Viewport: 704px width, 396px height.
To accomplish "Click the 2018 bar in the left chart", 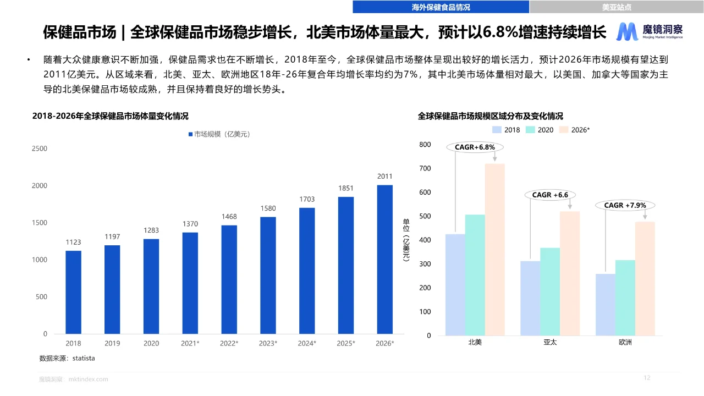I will pos(73,292).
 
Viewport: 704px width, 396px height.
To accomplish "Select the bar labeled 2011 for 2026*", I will pos(385,259).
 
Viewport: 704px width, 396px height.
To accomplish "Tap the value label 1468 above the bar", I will pos(229,217).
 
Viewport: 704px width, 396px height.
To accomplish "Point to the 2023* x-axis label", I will pos(268,343).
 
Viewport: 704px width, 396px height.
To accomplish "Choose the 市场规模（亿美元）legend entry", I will pos(219,134).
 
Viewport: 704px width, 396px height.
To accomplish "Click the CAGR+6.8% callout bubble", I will pos(475,147).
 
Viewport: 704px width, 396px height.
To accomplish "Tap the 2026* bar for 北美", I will pos(494,249).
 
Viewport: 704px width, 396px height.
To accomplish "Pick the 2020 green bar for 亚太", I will pos(550,291).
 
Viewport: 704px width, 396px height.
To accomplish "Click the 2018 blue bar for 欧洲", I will pos(606,305).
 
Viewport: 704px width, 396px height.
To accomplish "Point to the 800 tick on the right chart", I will pos(425,145).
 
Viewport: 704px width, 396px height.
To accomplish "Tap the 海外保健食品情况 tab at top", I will pos(441,7).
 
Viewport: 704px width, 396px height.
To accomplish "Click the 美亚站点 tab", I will pos(617,7).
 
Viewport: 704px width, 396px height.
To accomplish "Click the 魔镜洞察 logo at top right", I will pos(650,32).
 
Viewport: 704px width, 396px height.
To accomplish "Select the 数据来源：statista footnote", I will pos(67,358).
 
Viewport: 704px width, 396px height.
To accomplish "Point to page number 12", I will pos(647,378).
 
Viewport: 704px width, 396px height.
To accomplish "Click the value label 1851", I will pos(346,188).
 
